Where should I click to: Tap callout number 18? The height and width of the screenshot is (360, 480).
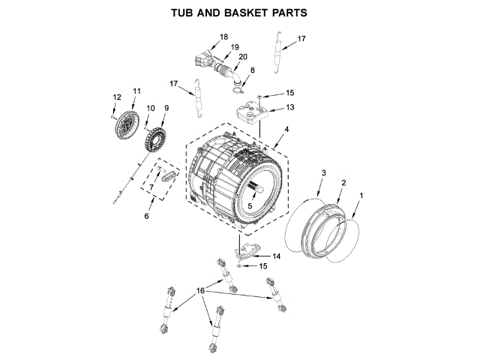pyautogui.click(x=223, y=37)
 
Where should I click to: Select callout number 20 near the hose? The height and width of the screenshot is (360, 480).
pyautogui.click(x=243, y=57)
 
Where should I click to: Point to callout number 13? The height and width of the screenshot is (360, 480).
pyautogui.click(x=290, y=107)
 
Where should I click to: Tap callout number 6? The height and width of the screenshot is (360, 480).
pyautogui.click(x=146, y=216)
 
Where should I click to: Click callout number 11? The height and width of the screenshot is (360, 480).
pyautogui.click(x=136, y=91)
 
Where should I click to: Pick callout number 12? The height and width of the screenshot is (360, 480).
pyautogui.click(x=116, y=97)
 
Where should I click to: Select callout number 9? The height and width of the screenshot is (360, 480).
pyautogui.click(x=166, y=108)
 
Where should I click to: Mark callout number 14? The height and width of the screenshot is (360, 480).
pyautogui.click(x=277, y=256)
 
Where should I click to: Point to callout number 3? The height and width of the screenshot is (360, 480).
pyautogui.click(x=324, y=173)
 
